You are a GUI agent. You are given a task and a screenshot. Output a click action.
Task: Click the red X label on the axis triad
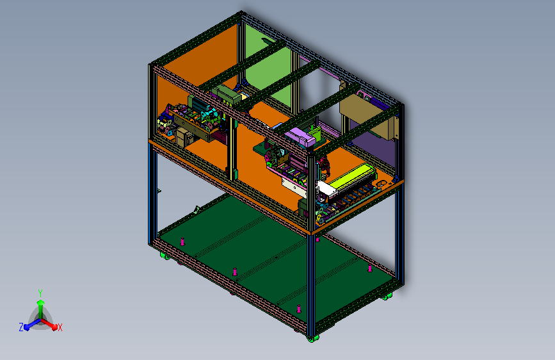60,327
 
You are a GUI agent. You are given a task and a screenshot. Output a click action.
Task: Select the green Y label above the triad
40,293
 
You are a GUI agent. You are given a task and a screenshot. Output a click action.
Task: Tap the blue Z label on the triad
21,327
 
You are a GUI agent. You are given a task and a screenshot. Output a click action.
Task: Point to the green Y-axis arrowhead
41,302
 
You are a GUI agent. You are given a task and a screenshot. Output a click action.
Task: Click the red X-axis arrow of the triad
49,324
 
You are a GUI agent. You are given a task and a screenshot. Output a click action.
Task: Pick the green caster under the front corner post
312,339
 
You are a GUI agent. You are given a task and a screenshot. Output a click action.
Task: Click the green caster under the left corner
165,256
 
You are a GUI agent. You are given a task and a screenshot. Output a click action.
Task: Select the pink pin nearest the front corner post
299,309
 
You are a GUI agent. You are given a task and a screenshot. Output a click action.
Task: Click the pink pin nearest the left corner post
182,241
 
